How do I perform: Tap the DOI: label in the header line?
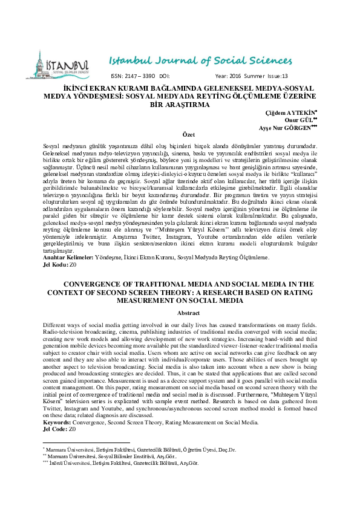(x=163, y=76)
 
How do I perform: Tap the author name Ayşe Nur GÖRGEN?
(x=286, y=128)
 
